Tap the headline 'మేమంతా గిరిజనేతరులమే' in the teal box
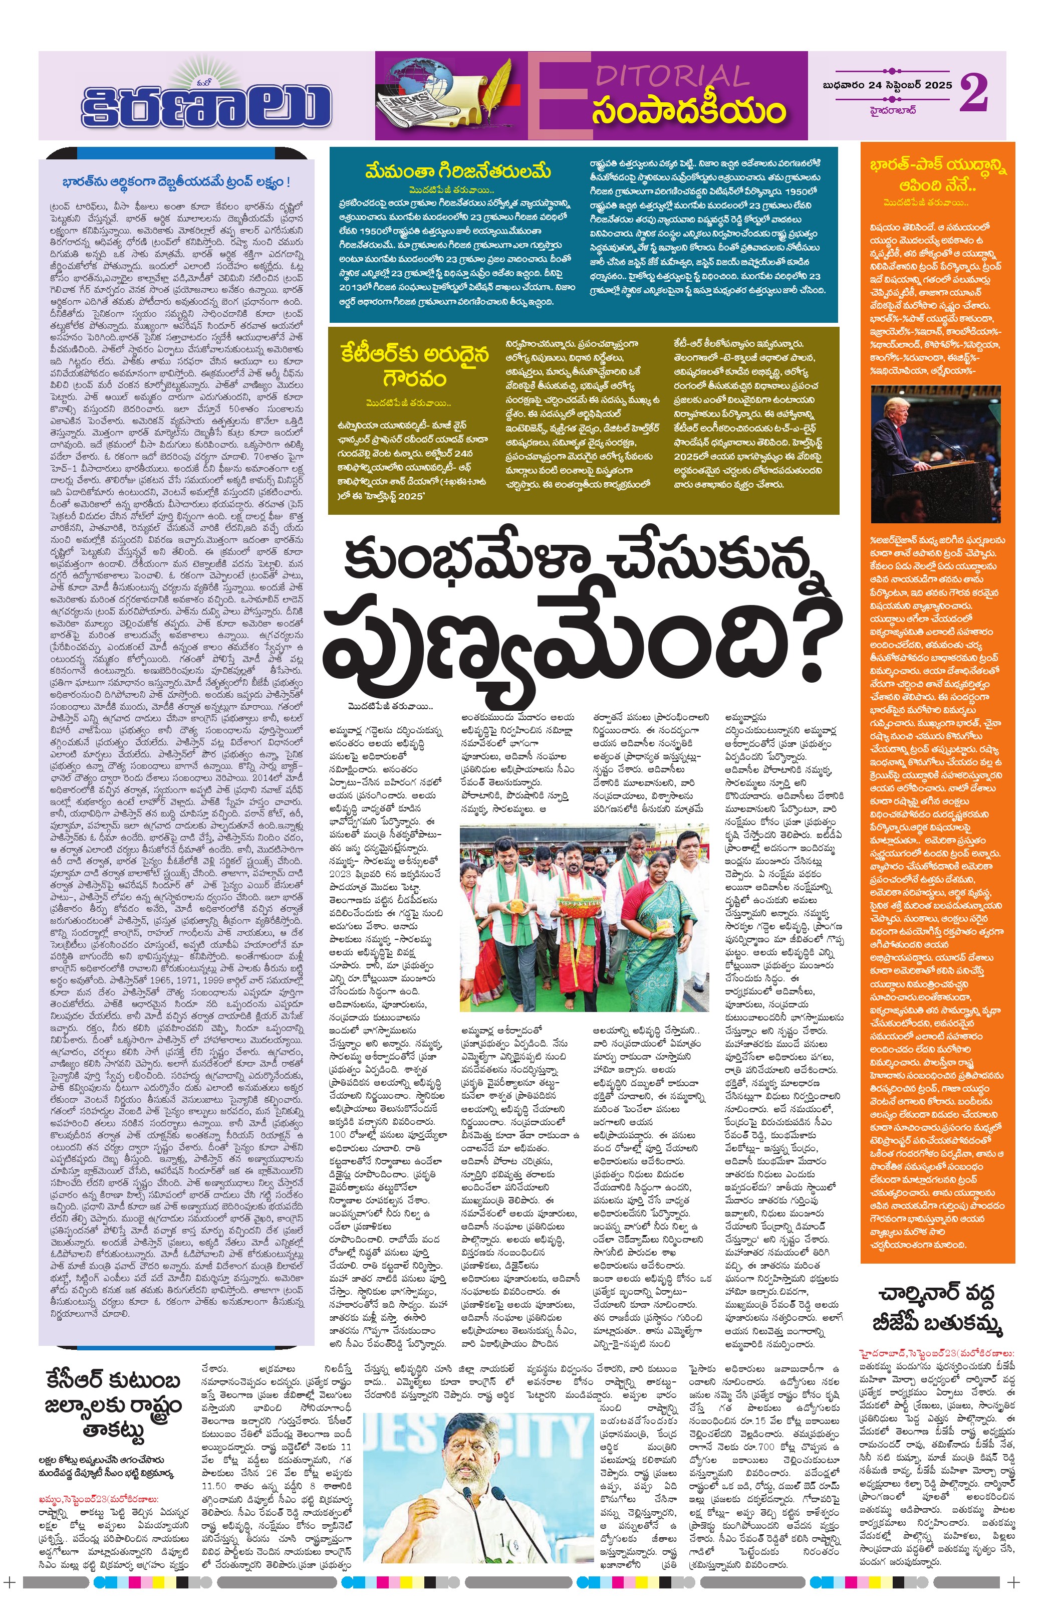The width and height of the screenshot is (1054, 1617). click(x=458, y=170)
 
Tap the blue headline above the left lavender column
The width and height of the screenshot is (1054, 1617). click(x=176, y=183)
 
